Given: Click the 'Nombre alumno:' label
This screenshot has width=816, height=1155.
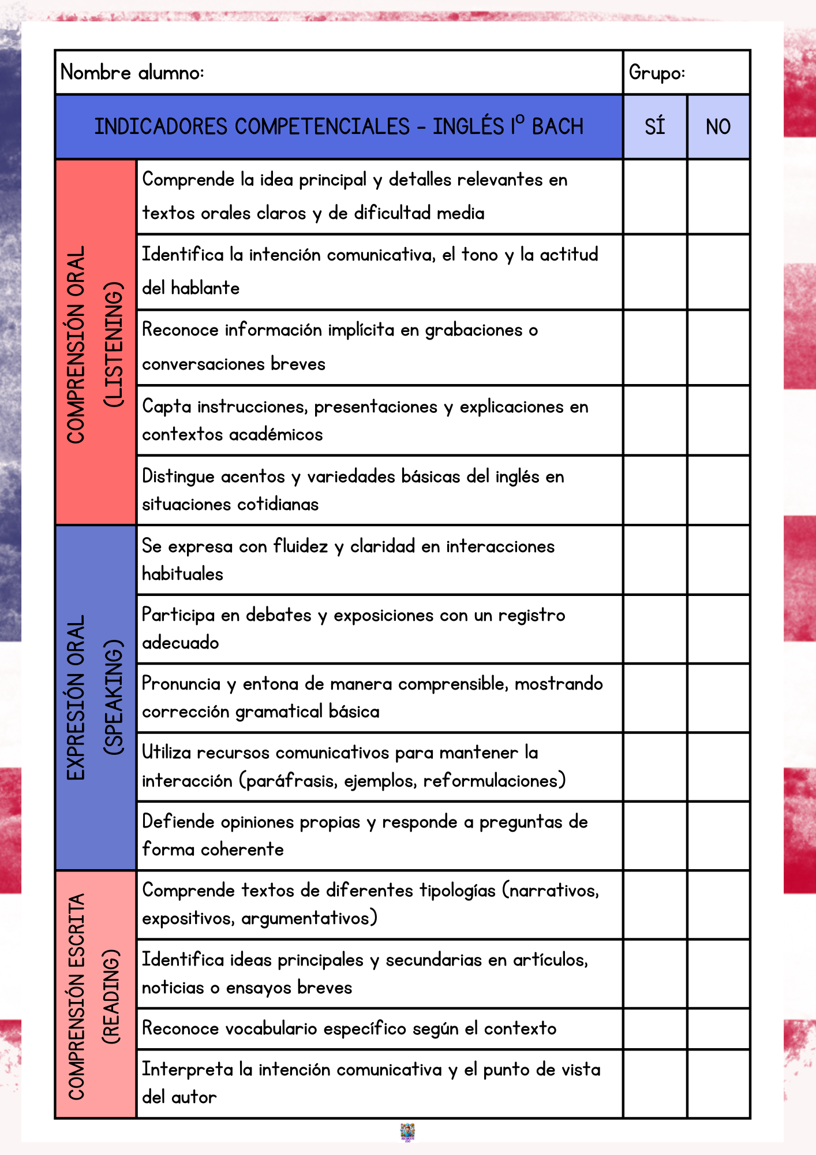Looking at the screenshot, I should [132, 73].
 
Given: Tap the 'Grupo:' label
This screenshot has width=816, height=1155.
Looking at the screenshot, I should [657, 73].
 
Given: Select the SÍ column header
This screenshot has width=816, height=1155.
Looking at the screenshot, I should [655, 126].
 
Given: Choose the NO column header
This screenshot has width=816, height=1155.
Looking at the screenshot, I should [718, 126].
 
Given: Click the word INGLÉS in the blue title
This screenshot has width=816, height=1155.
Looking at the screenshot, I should [468, 126].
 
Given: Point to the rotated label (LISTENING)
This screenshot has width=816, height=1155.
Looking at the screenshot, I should [114, 345].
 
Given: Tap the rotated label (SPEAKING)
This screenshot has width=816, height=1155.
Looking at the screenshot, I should [114, 697].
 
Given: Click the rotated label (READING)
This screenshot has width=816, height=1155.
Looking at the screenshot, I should [111, 997].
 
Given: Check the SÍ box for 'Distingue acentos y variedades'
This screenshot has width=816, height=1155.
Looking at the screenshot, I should [655, 490].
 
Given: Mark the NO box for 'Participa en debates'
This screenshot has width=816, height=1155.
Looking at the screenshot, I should [718, 629].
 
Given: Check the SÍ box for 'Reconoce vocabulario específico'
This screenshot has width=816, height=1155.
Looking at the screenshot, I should [655, 1029].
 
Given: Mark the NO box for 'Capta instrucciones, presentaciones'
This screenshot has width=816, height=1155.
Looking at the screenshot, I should [718, 420].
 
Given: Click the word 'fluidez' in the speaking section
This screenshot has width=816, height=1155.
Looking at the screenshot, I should [301, 546].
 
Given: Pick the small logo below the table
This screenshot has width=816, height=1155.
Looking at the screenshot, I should [407, 1132].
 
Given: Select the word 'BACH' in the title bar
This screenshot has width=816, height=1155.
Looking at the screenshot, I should [557, 126].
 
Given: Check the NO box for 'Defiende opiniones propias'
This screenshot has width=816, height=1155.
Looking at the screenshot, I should [718, 836].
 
